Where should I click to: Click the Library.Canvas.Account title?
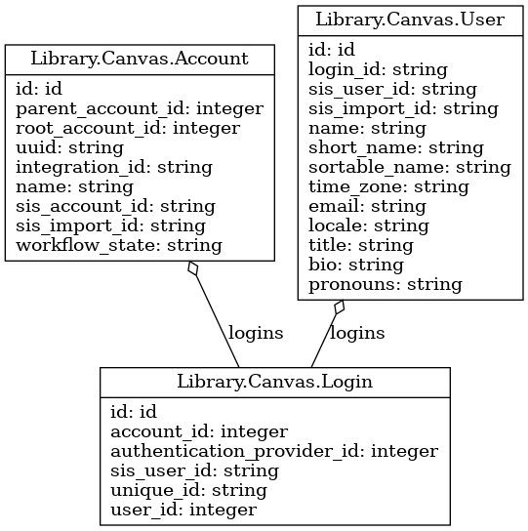[x=140, y=59]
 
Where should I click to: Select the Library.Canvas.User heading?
[x=410, y=20]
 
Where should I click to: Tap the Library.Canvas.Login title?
[x=274, y=382]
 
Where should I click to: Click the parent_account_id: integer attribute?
[x=140, y=109]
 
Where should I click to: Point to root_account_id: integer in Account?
[x=128, y=129]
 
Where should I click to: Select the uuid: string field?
[x=69, y=148]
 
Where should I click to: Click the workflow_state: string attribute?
[x=119, y=246]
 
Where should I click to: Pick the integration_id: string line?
[x=114, y=168]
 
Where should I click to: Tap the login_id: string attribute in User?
[x=378, y=70]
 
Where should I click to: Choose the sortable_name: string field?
[x=410, y=168]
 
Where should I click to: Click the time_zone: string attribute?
[x=388, y=187]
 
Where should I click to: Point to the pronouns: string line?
[x=386, y=285]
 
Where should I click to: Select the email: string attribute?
[x=368, y=207]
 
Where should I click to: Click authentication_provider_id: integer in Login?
[x=274, y=452]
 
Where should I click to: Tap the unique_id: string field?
[x=188, y=491]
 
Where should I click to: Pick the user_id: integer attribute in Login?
[x=183, y=511]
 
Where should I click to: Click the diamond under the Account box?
[x=193, y=268]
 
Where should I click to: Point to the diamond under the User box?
[x=340, y=307]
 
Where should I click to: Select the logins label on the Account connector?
[x=256, y=334]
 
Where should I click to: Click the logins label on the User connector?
[x=357, y=334]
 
